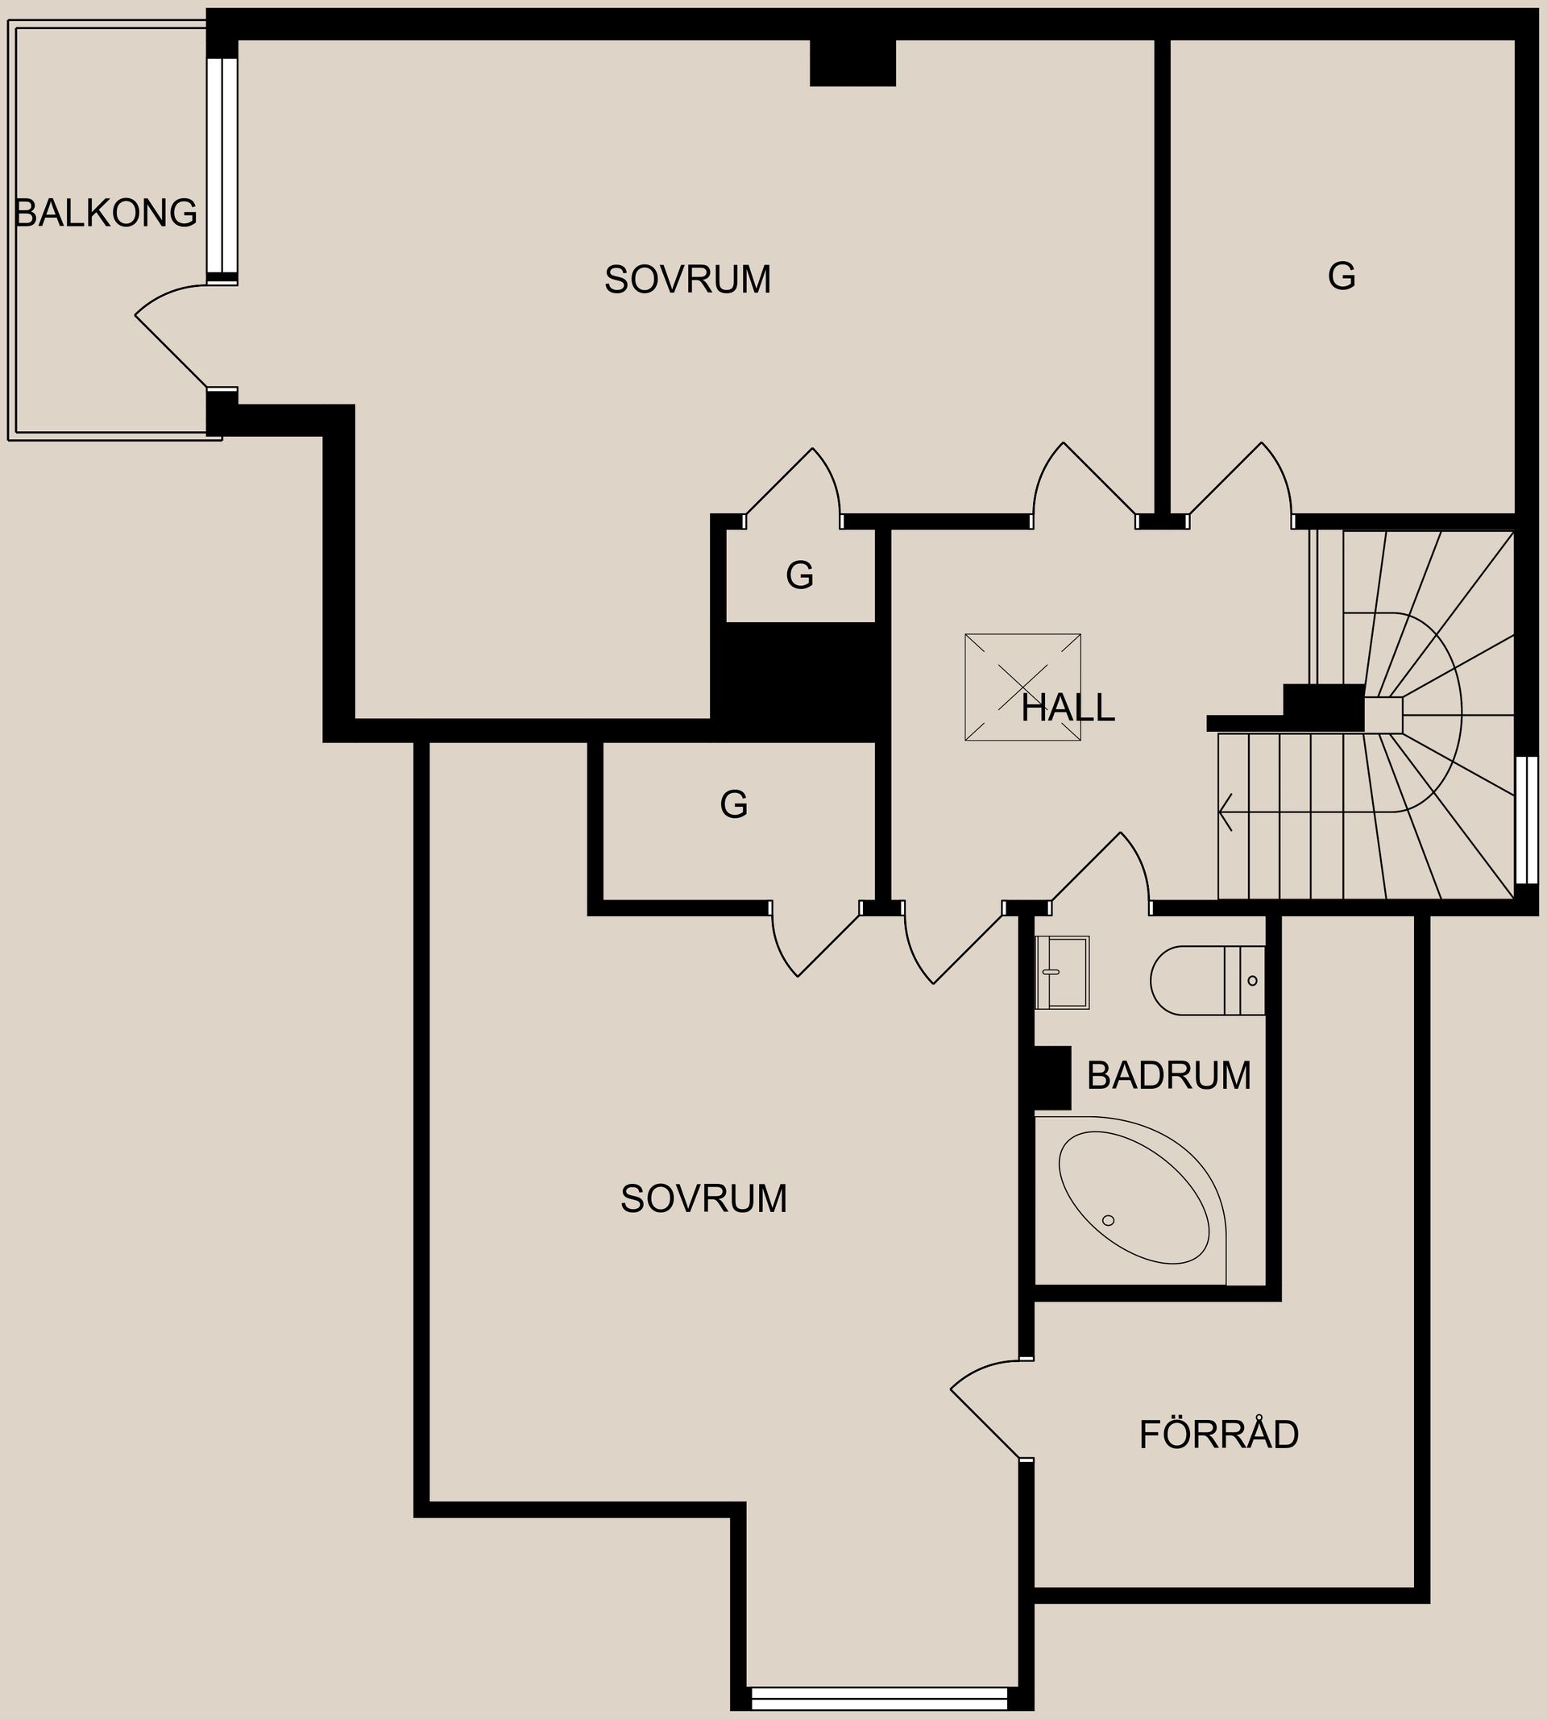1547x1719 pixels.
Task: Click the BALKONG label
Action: pyautogui.click(x=106, y=213)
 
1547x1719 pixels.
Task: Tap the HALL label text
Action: pyautogui.click(x=1068, y=708)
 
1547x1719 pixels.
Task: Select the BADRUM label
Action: pyautogui.click(x=1169, y=1075)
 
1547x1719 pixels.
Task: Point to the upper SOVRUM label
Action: pyautogui.click(x=687, y=280)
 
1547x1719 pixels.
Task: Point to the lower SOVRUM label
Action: pyautogui.click(x=703, y=1198)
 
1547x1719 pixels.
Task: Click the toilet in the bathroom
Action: pyautogui.click(x=1207, y=980)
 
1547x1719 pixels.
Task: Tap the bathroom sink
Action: pyautogui.click(x=1062, y=973)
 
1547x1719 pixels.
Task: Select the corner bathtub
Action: pyautogui.click(x=1131, y=1201)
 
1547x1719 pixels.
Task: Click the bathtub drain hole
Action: pyautogui.click(x=1109, y=1220)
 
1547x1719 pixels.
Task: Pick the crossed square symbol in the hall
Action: pyautogui.click(x=1022, y=687)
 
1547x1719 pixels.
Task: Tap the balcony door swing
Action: pyautogui.click(x=173, y=336)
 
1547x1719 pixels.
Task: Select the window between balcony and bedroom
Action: pyautogui.click(x=222, y=169)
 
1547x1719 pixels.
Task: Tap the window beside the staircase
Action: pyautogui.click(x=1527, y=820)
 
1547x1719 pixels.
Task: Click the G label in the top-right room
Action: pyautogui.click(x=1342, y=276)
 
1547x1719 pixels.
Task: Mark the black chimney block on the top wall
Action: pyautogui.click(x=852, y=63)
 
